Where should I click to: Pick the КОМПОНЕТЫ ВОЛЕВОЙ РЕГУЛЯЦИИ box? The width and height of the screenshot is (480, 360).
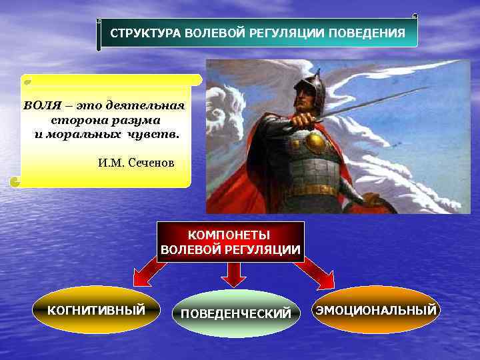click(x=231, y=242)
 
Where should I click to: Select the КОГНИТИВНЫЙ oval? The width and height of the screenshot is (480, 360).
click(x=96, y=310)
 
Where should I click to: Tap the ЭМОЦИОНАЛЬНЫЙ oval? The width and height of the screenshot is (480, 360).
click(x=377, y=310)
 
